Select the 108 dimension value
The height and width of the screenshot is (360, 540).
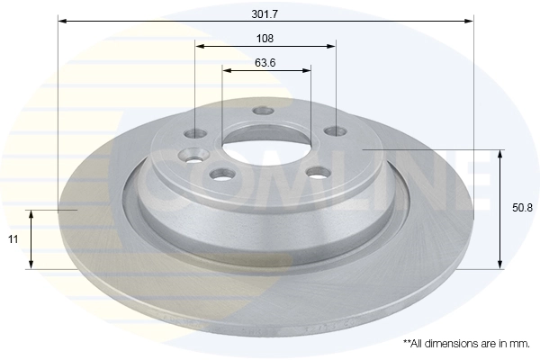(265, 39)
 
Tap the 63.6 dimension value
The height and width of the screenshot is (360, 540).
(265, 63)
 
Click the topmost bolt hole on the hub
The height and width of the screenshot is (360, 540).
(263, 112)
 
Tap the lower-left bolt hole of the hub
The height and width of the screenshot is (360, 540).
(217, 175)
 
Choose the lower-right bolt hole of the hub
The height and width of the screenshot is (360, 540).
(315, 173)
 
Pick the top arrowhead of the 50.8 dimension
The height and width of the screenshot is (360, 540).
(499, 152)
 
